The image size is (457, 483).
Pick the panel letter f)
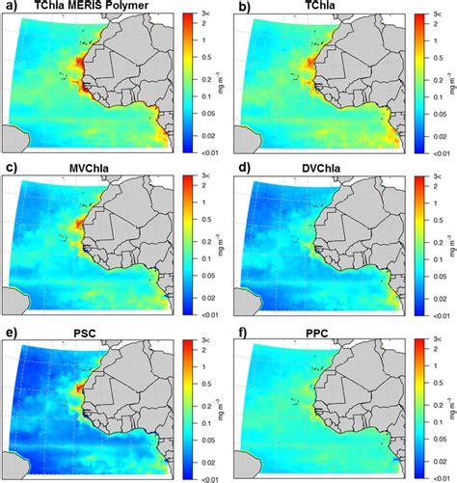238,333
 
